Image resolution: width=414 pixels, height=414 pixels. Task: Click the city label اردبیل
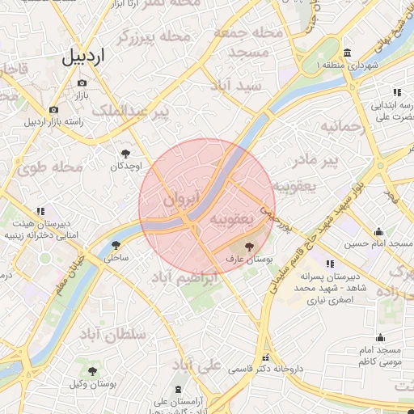pos(87,57)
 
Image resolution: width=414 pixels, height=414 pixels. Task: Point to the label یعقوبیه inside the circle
pos(232,218)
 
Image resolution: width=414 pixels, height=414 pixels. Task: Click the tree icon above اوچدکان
pos(125,154)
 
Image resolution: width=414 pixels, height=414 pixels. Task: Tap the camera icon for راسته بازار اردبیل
pos(53,110)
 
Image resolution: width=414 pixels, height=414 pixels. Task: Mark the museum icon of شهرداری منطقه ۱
pos(347,53)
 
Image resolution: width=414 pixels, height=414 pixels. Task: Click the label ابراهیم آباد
pos(185,278)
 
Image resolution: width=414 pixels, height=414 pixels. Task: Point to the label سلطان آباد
pos(113,333)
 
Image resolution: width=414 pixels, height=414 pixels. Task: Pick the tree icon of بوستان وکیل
pos(94,370)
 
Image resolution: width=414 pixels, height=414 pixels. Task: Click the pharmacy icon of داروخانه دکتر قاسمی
pos(265,357)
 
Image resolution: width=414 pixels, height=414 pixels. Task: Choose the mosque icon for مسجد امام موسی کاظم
pos(380,338)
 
